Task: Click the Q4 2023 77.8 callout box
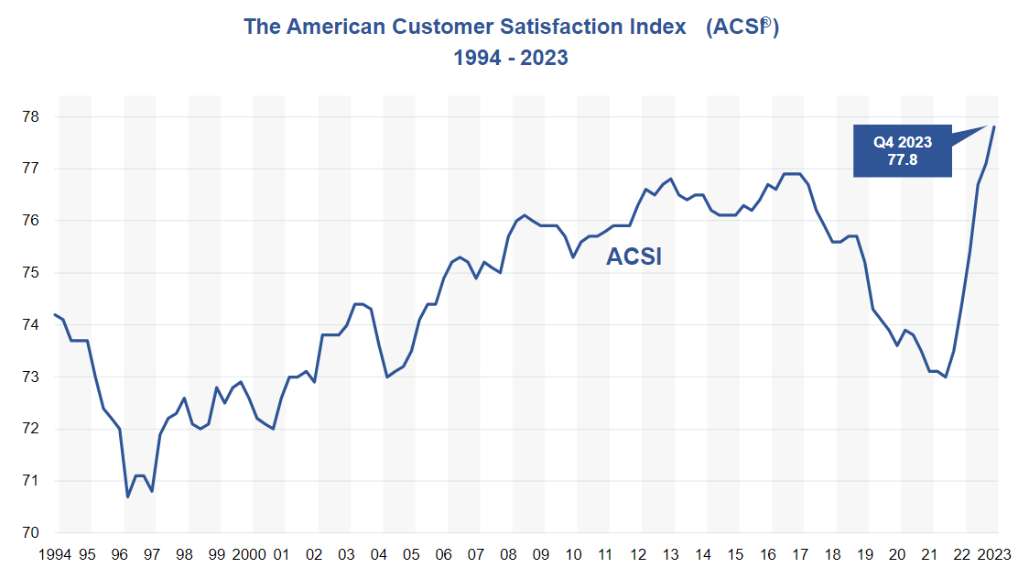tap(902, 151)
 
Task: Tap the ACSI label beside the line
tap(634, 257)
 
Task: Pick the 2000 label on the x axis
tap(249, 555)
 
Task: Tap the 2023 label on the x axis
tap(993, 555)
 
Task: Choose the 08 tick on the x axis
tap(508, 555)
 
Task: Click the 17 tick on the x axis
tap(800, 555)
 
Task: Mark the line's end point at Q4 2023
tap(995, 126)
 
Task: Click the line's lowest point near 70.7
tap(128, 497)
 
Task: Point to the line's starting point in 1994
tap(55, 314)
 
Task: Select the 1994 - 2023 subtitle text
tap(511, 58)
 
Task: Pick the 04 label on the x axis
tap(379, 555)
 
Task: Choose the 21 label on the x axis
tap(929, 555)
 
